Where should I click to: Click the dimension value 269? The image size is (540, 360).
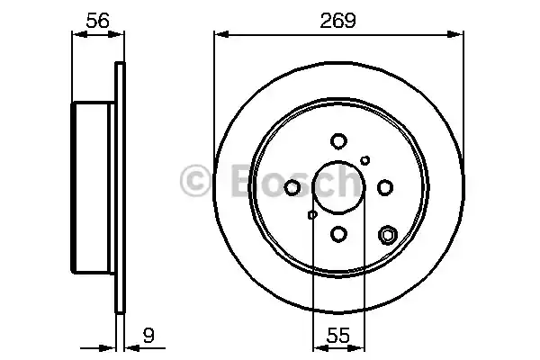click(x=338, y=17)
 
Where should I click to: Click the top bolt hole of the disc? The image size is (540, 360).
click(x=338, y=140)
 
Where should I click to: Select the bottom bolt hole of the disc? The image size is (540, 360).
click(x=338, y=233)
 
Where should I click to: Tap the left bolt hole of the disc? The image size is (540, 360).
click(x=292, y=187)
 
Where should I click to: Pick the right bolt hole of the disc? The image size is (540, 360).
click(x=385, y=187)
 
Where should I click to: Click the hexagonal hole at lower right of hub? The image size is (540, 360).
click(x=388, y=236)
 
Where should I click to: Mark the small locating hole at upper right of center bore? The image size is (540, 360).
click(x=364, y=160)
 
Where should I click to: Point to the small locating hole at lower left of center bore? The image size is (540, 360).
click(x=312, y=214)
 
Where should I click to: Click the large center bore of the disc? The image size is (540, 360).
click(x=338, y=187)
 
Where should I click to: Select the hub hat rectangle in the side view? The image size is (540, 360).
click(x=94, y=187)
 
